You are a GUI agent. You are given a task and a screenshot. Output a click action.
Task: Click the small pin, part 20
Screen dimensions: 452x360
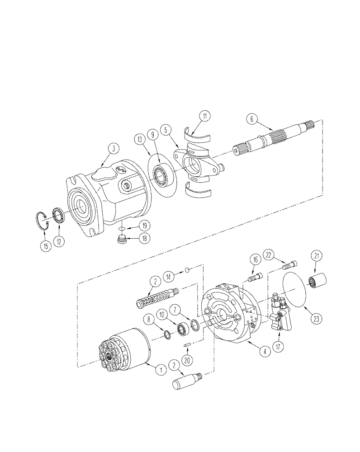tap(186, 346)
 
